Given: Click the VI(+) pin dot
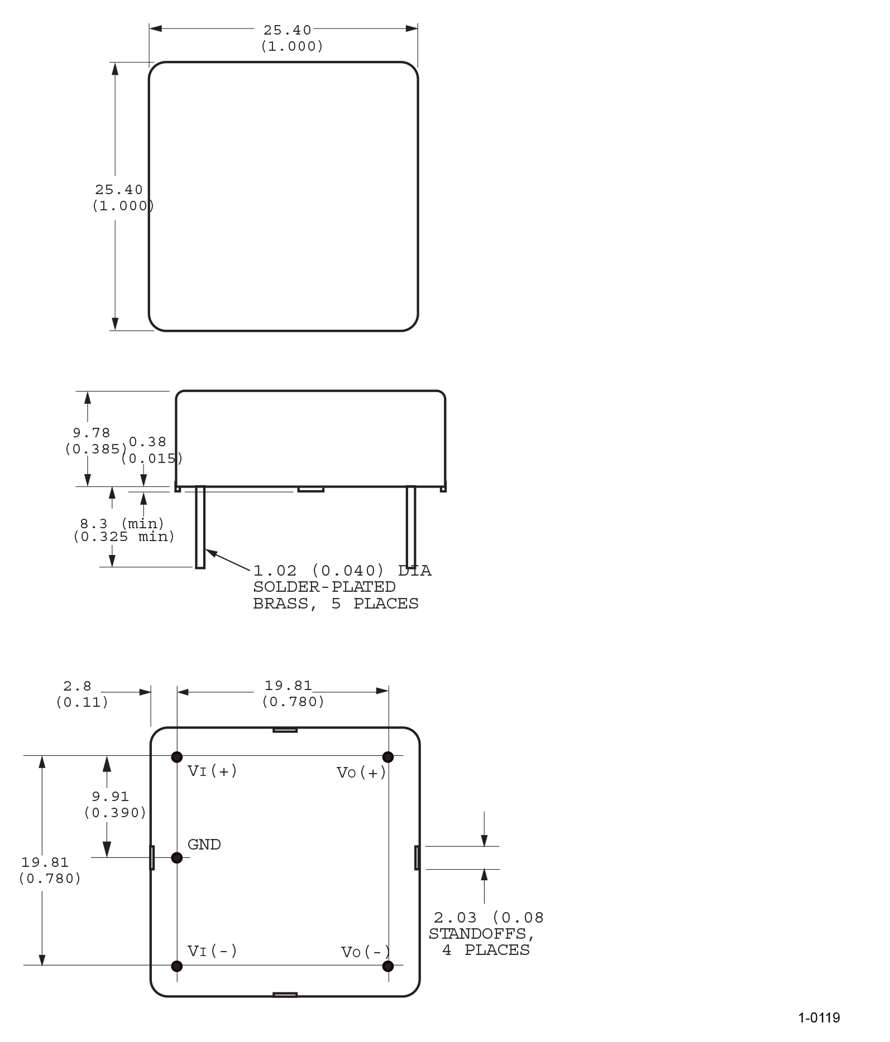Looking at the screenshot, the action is click(177, 757).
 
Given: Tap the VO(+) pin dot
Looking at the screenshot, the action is click(388, 757).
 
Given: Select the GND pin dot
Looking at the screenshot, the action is click(177, 857).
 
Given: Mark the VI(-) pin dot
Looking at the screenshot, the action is click(177, 966).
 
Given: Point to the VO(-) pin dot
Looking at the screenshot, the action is click(388, 966).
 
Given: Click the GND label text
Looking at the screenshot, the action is click(204, 845).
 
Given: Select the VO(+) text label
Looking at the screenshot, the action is click(361, 773).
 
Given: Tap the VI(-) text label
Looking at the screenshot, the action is click(212, 951).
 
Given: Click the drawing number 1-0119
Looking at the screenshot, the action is click(819, 1018).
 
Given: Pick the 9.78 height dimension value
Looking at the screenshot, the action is click(92, 433).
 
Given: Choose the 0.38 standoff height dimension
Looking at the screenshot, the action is click(147, 442).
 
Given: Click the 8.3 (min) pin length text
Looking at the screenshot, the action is click(122, 524).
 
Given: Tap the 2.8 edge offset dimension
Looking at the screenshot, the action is click(77, 686).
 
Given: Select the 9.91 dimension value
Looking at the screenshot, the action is click(111, 797).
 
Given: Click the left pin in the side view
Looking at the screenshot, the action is click(200, 527).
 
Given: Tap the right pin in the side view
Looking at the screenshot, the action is click(411, 527).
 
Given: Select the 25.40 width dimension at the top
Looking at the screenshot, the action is click(288, 30).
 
